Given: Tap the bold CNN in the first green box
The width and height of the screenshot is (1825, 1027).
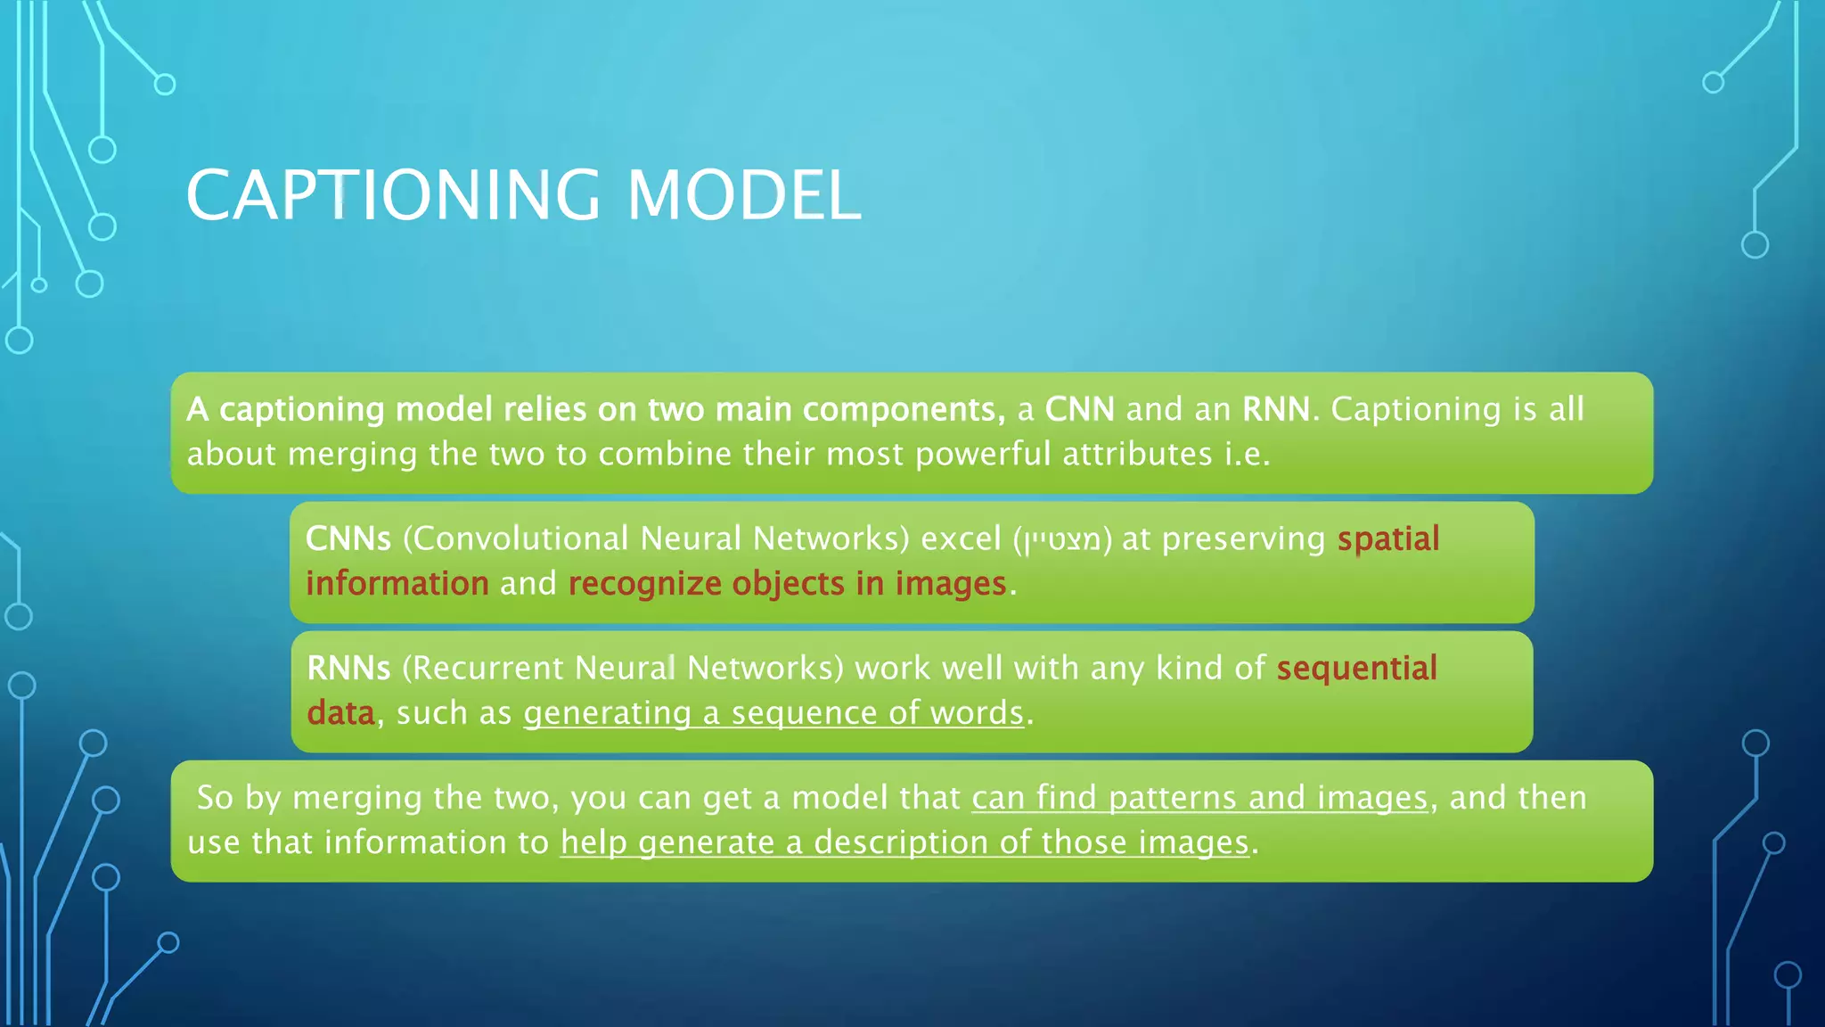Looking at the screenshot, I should click(x=1079, y=409).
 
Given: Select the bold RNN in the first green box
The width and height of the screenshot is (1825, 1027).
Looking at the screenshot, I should click(x=1276, y=409).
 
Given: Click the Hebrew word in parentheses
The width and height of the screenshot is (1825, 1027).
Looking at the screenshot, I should click(x=1063, y=539).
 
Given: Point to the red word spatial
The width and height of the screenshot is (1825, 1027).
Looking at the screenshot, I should click(x=1387, y=538).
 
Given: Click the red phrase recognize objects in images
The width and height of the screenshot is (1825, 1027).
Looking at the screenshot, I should click(x=787, y=583).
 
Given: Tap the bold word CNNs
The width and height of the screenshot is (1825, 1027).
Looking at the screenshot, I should click(x=348, y=538).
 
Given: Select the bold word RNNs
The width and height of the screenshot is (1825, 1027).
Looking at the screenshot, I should click(x=348, y=668).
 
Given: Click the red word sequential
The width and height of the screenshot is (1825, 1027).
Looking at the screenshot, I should click(x=1356, y=668).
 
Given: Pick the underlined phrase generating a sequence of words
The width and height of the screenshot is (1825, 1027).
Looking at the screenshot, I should click(x=773, y=713).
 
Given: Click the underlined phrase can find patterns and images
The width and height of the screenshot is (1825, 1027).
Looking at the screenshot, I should click(x=1199, y=797).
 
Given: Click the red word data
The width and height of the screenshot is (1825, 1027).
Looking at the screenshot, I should click(x=340, y=713).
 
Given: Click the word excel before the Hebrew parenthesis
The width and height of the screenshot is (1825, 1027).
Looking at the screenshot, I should click(x=961, y=538).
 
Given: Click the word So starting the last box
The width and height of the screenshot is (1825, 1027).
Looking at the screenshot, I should click(x=215, y=797).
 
